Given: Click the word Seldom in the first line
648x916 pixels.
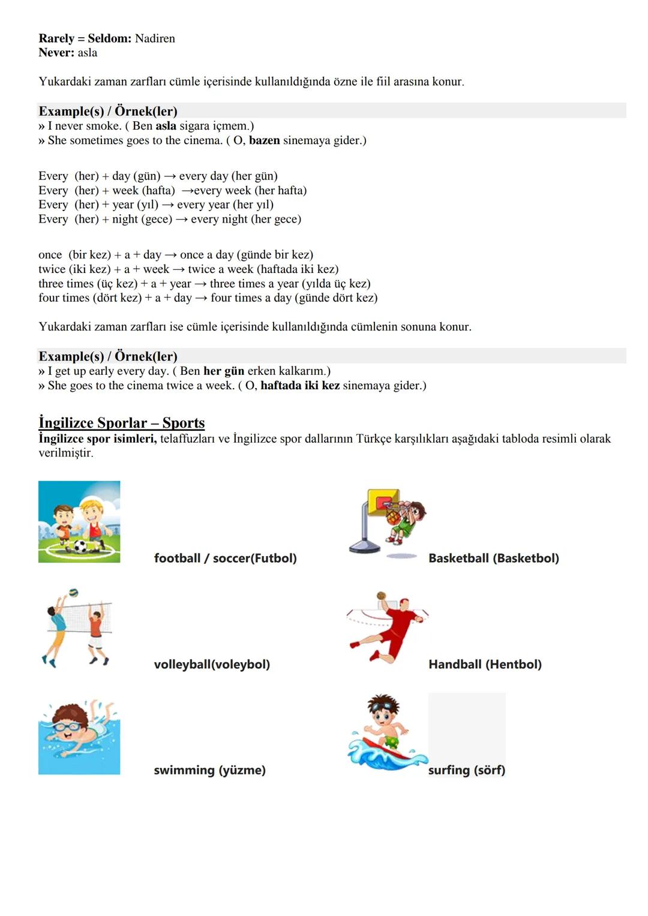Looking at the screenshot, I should click(x=108, y=38).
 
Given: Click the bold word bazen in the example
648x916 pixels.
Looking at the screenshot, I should click(x=264, y=140).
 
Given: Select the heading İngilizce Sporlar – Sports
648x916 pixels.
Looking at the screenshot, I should click(x=122, y=423).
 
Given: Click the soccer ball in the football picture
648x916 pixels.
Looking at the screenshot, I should click(x=80, y=546).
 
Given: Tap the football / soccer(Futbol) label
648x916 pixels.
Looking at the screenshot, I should click(x=225, y=558).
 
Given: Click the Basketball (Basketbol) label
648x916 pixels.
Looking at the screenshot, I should click(x=493, y=558).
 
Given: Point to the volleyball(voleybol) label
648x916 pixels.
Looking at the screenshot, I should click(x=212, y=665).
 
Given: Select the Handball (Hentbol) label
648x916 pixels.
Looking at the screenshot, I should click(x=485, y=665).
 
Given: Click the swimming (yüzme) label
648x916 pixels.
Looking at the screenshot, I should click(x=209, y=770).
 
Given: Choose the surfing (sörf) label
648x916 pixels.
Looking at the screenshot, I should click(x=466, y=770).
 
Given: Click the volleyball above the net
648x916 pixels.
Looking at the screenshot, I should click(x=73, y=593).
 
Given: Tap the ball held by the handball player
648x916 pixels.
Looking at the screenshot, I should click(x=381, y=596).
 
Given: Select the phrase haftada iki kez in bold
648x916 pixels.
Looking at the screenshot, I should click(x=300, y=386).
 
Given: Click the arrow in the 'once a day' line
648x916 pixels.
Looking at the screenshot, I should click(x=170, y=255).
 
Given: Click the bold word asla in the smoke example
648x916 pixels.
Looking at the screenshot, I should click(x=166, y=126).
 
